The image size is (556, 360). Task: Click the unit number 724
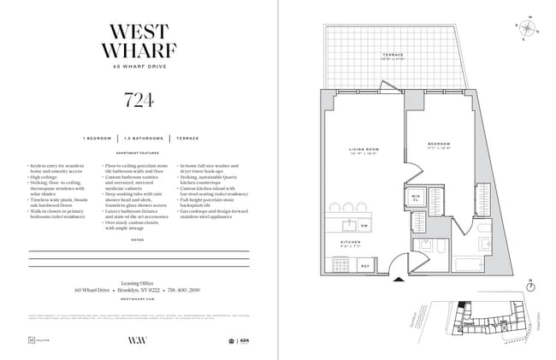pos(139,101)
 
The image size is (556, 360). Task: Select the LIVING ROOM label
pos(363,153)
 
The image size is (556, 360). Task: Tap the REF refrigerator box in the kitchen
pos(365,266)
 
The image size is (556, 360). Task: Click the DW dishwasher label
pos(364,225)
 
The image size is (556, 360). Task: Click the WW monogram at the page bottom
pos(138,339)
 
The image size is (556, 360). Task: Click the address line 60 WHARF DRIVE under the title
pos(139,67)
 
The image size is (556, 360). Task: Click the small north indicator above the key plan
pos(530,283)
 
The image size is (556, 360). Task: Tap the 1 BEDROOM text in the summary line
pos(98,137)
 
